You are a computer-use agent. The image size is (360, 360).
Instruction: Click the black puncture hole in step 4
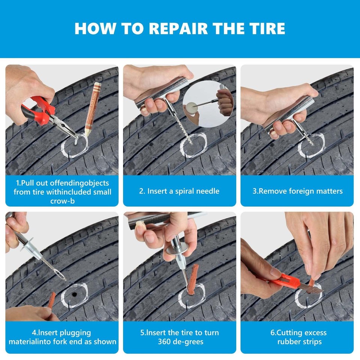[75, 295]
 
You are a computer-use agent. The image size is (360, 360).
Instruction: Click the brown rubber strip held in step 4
[51, 300]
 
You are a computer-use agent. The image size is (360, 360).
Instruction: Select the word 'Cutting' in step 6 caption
[292, 333]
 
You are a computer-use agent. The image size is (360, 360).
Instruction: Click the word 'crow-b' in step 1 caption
[62, 201]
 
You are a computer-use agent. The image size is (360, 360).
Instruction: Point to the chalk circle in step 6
[308, 296]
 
